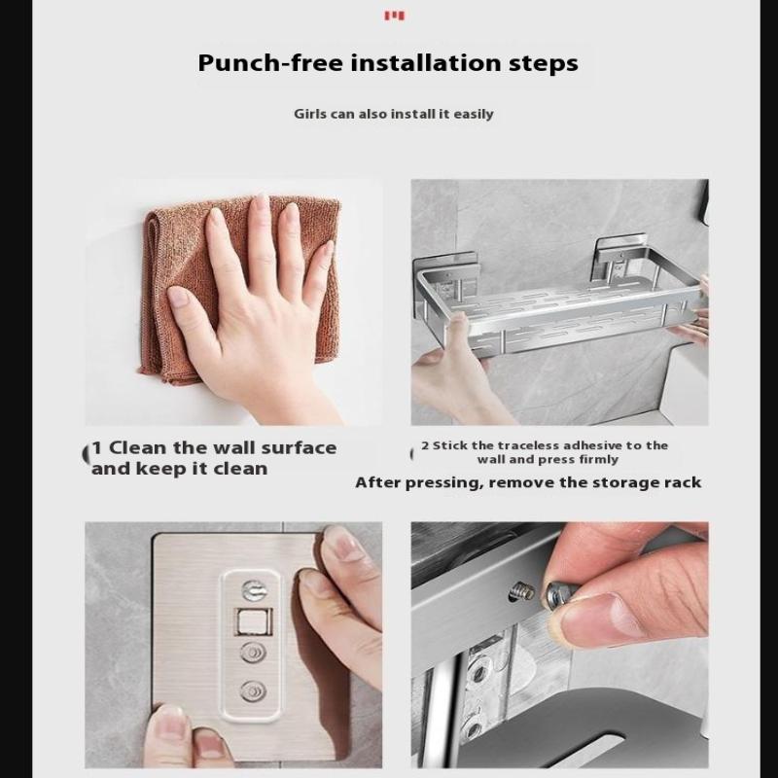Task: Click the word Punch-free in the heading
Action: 270,63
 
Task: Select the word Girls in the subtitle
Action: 310,114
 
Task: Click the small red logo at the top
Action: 395,16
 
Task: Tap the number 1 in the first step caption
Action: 97,447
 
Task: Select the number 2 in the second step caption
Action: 425,445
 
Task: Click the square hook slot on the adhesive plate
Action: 254,621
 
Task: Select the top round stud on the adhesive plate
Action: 253,590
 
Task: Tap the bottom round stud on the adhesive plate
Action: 253,691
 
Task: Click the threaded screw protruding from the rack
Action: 523,591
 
